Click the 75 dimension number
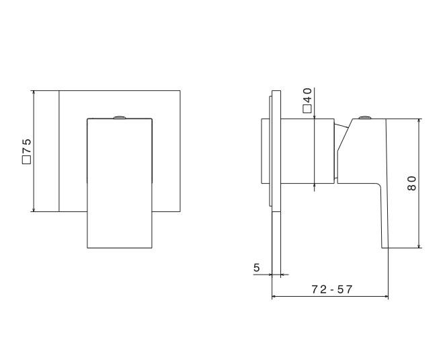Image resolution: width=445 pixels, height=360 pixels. click(27, 146)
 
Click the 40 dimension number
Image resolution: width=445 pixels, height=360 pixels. click(307, 96)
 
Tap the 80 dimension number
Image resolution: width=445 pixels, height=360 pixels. click(411, 183)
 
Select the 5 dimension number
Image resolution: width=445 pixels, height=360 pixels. click(257, 267)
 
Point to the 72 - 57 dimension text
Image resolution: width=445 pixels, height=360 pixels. click(332, 289)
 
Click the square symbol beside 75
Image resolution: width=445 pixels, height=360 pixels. click(26, 160)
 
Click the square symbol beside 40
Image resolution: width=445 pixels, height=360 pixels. click(307, 109)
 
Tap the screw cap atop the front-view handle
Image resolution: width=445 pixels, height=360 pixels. click(120, 117)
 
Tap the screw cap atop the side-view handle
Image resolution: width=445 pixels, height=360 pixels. click(365, 117)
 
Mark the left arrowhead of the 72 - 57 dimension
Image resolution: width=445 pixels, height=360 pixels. click(274, 297)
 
